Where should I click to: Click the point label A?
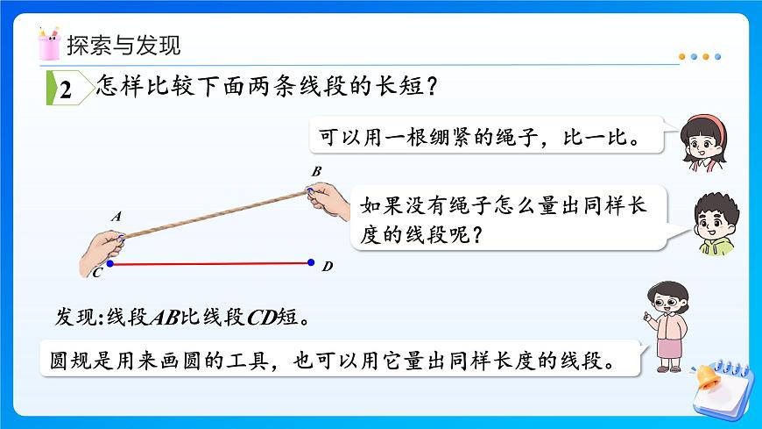coord(116,216)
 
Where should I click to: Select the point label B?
coord(316,170)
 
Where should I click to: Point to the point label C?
coord(96,274)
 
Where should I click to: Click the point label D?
coord(327,266)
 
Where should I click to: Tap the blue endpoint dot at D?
coord(312,261)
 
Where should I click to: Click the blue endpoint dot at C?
coord(110,262)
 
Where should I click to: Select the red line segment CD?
coord(210,262)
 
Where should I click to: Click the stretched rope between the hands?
coord(215,214)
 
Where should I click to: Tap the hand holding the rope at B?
coord(328,197)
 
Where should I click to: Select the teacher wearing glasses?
coord(666,325)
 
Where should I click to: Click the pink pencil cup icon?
coord(49,43)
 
